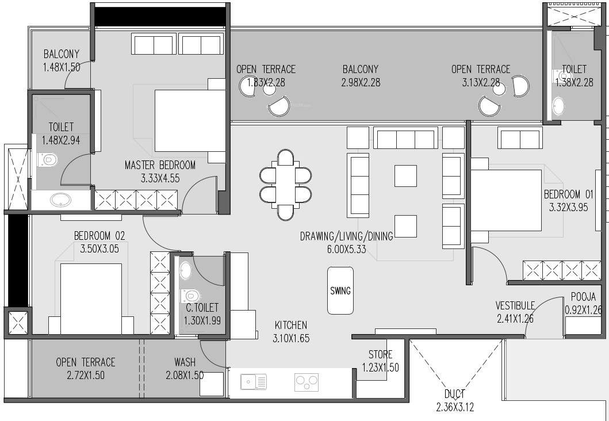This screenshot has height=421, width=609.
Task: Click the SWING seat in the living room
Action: click(340, 290)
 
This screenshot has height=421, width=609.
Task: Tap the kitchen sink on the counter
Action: click(254, 381)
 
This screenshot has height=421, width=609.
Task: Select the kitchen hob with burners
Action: click(307, 381)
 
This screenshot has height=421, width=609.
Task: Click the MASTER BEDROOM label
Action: click(160, 166)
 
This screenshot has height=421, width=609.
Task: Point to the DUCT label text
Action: click(455, 395)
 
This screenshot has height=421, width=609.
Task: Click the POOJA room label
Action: click(583, 297)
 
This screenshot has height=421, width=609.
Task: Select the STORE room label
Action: click(380, 355)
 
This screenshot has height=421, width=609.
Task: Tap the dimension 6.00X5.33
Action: click(346, 249)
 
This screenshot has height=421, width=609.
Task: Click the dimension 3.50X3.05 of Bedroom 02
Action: click(99, 249)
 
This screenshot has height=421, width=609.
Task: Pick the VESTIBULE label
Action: click(515, 305)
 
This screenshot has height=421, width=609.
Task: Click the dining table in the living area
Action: click(285, 185)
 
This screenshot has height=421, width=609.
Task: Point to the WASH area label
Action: click(185, 362)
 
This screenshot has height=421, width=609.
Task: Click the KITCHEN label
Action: click(290, 326)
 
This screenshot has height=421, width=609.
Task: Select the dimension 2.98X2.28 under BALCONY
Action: click(360, 83)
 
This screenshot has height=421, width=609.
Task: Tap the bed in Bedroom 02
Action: click(91, 298)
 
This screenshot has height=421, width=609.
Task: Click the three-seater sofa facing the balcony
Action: click(405, 139)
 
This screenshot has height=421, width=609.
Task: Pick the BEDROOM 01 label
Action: click(568, 194)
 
